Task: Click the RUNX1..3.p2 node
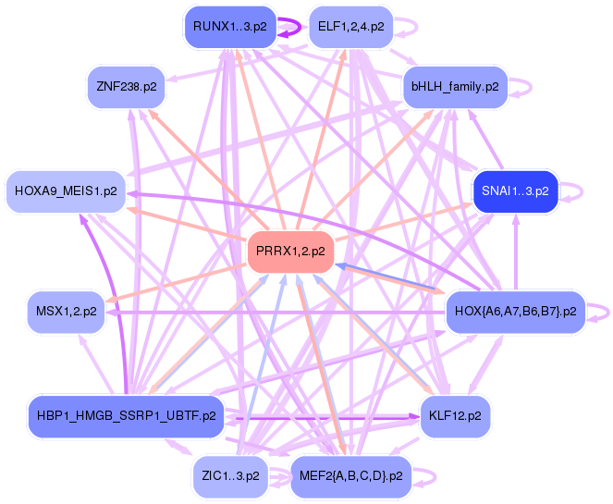[x=230, y=27]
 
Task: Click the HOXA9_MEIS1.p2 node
[x=66, y=191]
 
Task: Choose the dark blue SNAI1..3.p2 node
[x=515, y=191]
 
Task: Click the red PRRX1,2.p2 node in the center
[x=290, y=251]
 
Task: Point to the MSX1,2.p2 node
[x=65, y=311]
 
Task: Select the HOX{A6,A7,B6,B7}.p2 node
[x=515, y=311]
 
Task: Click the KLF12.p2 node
[x=455, y=415]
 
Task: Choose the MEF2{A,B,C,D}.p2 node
[x=352, y=475]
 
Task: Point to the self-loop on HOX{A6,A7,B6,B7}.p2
[x=602, y=311]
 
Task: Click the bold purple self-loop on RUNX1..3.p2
[x=292, y=27]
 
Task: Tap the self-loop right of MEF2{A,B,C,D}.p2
[x=426, y=475]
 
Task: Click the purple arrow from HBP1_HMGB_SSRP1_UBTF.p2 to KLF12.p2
[x=324, y=417]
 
